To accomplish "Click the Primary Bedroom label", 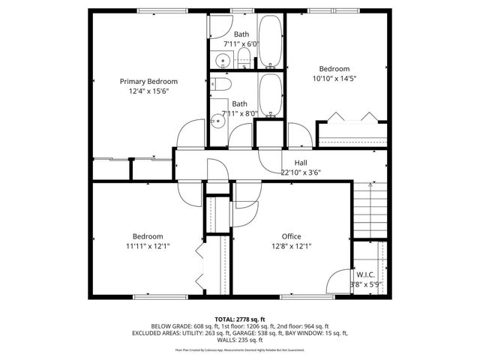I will (x=148, y=81).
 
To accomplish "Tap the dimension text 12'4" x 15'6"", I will (x=148, y=91).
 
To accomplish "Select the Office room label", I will (x=291, y=236).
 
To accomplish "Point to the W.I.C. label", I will (x=367, y=274).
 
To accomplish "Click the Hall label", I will (x=300, y=162).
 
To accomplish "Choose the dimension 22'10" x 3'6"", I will (x=300, y=172).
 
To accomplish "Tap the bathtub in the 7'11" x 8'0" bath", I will (x=271, y=95).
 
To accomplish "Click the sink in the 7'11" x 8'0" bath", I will (x=220, y=118).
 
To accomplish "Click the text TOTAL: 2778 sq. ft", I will (x=240, y=319).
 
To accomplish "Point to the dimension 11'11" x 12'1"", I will (x=148, y=246).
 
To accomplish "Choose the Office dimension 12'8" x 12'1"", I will (x=291, y=246).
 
